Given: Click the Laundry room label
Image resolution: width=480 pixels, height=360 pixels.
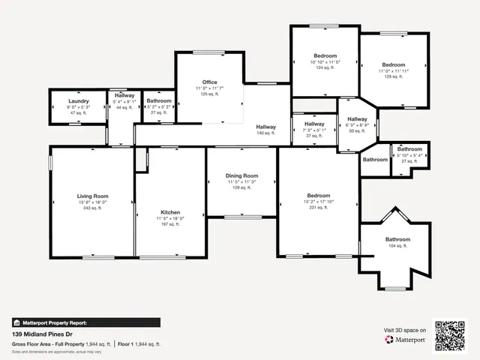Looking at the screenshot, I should click(x=79, y=100).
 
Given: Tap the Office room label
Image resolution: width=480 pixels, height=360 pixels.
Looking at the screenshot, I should click(x=210, y=82).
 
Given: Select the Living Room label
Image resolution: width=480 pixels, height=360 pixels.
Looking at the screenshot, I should click(x=93, y=195).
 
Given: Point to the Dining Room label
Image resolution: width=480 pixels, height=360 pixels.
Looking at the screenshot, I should click(x=241, y=176).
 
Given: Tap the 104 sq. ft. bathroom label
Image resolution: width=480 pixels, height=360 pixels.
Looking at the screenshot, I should click(x=397, y=246).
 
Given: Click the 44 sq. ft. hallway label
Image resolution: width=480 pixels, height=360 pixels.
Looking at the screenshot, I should click(x=124, y=107).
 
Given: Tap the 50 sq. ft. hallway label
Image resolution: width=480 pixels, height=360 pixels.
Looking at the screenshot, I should click(x=357, y=130).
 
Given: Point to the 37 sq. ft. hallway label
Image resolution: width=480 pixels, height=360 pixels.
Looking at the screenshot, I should click(x=314, y=136).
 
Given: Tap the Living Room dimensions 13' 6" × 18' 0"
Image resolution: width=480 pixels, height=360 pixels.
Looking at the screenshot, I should click(x=93, y=202).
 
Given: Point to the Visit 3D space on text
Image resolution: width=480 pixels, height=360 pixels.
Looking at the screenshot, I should click(x=405, y=330).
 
